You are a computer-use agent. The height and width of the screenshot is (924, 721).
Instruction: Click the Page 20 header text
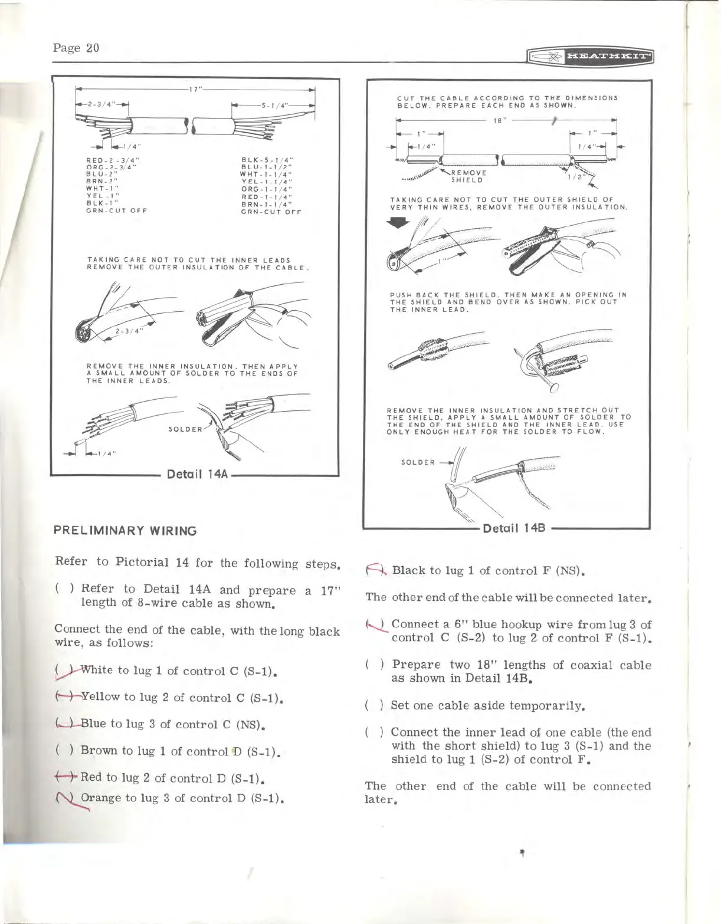pyautogui.click(x=76, y=48)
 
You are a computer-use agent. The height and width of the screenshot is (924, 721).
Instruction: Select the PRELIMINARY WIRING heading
pyautogui.click(x=125, y=531)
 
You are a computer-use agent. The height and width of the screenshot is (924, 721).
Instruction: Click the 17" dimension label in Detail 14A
pyautogui.click(x=193, y=90)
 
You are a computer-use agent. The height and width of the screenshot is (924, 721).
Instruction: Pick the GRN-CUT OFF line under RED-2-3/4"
pyautogui.click(x=116, y=211)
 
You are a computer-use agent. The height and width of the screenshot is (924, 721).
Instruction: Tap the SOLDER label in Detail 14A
pyautogui.click(x=184, y=429)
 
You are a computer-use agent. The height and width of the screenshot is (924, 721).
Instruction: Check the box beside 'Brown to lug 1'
pyautogui.click(x=71, y=751)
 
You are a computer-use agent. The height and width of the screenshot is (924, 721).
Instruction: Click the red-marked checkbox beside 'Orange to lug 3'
pyautogui.click(x=71, y=798)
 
